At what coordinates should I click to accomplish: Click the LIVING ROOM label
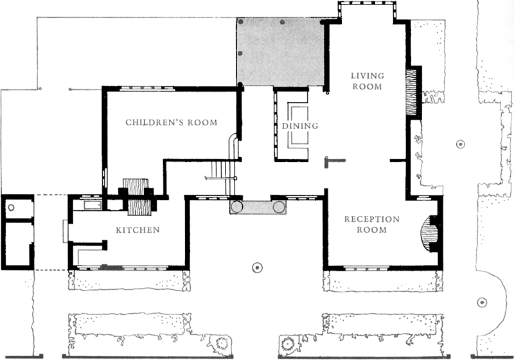tap(368, 81)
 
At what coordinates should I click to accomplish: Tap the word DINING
tap(300, 126)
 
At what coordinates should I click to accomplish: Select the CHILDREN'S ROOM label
tap(172, 123)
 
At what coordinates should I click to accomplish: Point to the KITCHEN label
tap(137, 230)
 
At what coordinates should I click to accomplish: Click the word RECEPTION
tap(372, 219)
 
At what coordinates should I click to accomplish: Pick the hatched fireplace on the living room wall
tap(411, 91)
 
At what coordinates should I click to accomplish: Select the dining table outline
tap(298, 125)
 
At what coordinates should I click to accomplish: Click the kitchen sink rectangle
tap(93, 205)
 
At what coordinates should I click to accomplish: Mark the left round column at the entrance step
tap(236, 207)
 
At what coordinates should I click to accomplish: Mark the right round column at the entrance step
tap(279, 207)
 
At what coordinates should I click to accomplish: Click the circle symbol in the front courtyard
tap(258, 268)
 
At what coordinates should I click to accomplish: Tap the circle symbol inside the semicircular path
tap(481, 302)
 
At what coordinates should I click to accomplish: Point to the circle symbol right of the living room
tap(461, 144)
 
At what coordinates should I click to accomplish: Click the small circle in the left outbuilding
tap(11, 207)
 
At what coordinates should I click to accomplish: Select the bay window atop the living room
tap(367, 12)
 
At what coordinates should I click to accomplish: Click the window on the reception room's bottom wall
tap(366, 269)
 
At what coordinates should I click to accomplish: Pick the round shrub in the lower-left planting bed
tap(222, 343)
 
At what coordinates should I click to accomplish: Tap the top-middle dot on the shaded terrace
tap(282, 22)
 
